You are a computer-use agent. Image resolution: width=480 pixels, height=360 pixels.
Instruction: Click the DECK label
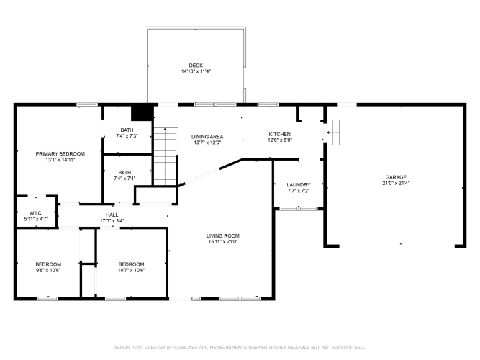[x=196, y=66]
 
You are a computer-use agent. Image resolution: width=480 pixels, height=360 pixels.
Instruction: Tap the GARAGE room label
[x=396, y=177]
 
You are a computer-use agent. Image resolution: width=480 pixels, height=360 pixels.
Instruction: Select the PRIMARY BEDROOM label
[x=60, y=154]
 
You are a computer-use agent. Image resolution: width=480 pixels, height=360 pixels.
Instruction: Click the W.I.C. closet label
[x=36, y=213]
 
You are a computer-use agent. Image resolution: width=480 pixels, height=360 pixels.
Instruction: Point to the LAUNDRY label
[x=299, y=185]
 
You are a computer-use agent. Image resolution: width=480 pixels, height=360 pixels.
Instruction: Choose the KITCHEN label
[x=279, y=134]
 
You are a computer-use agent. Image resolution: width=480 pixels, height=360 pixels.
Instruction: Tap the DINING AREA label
[x=207, y=137]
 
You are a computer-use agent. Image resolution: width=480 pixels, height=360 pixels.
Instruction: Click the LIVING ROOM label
[x=223, y=235]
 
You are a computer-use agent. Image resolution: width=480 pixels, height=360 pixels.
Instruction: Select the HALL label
[x=112, y=215]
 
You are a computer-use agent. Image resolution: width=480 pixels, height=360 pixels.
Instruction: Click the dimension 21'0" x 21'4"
[x=396, y=183]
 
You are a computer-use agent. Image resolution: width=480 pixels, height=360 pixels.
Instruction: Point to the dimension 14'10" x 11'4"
[x=196, y=71]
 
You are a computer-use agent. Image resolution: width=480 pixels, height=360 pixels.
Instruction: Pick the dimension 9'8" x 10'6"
[x=48, y=270]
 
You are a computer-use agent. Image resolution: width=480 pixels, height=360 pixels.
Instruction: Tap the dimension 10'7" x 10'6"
[x=131, y=270]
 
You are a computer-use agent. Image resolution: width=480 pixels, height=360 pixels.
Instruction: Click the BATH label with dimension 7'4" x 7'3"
[x=127, y=130]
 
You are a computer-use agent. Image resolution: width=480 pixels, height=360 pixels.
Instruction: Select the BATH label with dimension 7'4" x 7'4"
[x=124, y=173]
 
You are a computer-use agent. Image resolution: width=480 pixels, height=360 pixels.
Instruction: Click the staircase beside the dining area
[x=166, y=156]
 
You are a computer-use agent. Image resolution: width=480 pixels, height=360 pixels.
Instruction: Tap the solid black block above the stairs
[x=142, y=113]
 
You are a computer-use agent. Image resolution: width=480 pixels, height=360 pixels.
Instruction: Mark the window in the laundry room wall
[x=299, y=209]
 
